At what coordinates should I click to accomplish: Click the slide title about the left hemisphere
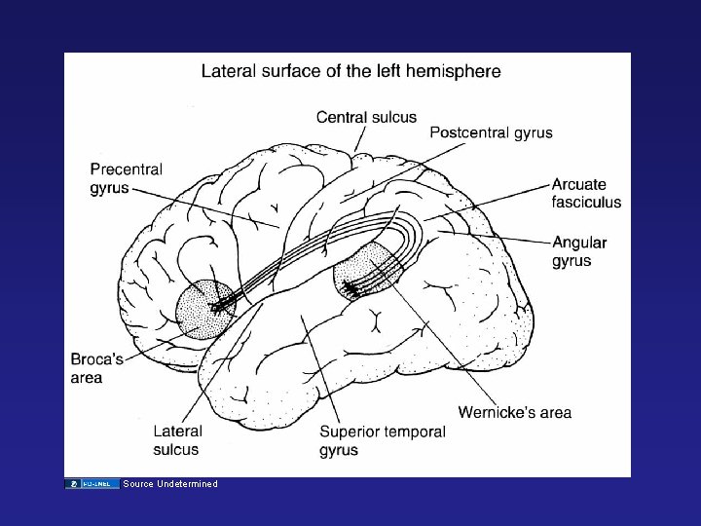click(x=350, y=71)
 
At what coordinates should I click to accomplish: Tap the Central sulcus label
click(x=366, y=118)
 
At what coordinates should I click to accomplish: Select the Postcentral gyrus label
click(x=491, y=132)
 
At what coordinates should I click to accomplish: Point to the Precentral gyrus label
click(x=127, y=178)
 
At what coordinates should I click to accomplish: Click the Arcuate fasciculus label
click(x=586, y=193)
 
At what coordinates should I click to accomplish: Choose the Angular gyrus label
click(x=578, y=251)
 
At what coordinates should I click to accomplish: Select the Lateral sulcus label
click(x=177, y=439)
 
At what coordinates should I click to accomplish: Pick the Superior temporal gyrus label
click(x=382, y=440)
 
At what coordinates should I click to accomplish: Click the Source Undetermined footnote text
click(x=170, y=484)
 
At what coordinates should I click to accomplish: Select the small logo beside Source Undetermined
click(x=92, y=484)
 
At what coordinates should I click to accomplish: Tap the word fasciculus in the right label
click(x=586, y=203)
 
